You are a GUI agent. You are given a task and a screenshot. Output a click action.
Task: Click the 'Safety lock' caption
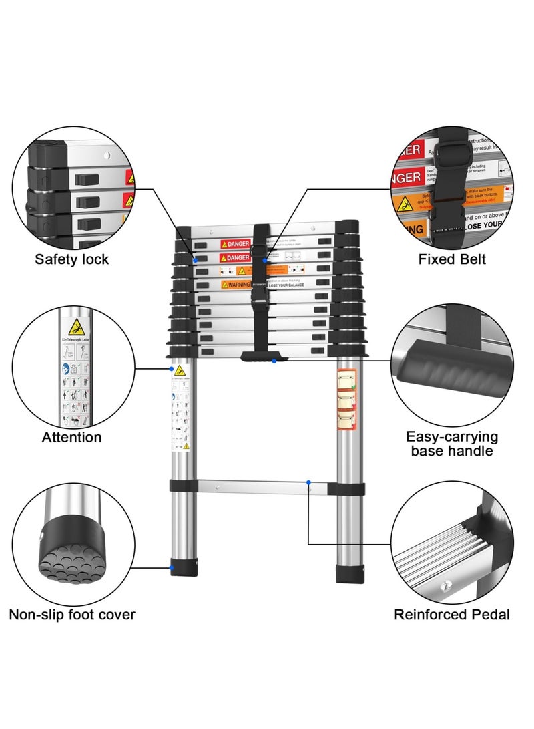(x=71, y=259)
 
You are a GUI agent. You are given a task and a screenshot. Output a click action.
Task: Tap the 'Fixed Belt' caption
(x=452, y=259)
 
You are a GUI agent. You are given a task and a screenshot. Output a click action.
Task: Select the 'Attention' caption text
(x=71, y=438)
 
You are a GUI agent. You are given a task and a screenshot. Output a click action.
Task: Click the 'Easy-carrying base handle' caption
(x=452, y=444)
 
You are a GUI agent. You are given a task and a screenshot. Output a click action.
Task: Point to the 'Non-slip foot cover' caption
(x=72, y=614)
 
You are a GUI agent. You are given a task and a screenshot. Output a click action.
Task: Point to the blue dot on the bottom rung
(x=308, y=482)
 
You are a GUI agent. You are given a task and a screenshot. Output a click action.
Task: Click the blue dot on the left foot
(x=172, y=568)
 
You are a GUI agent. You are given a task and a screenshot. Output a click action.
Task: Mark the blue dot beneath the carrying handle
(x=274, y=361)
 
